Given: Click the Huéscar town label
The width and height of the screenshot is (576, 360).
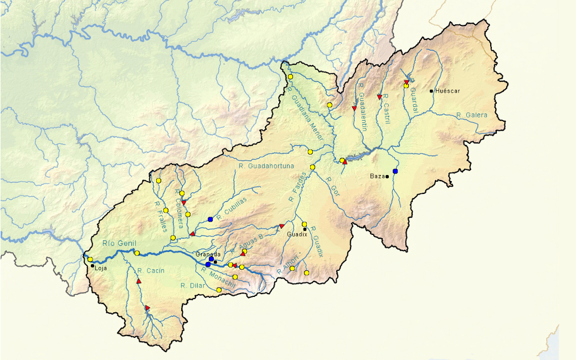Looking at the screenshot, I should coord(448,91).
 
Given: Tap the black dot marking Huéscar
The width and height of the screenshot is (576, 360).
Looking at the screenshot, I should coord(431,91).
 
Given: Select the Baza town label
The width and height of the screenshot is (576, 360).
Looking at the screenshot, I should coord(377,176).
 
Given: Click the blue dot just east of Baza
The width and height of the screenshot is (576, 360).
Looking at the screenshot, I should coord(395,171).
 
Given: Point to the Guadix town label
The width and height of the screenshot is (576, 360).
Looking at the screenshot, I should coord(297,234).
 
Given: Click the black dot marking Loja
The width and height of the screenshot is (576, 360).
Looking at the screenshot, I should coord(92,266).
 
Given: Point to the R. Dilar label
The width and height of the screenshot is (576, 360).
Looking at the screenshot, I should coord(193,286).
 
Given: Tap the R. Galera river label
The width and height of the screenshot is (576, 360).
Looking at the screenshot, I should coord(472,115).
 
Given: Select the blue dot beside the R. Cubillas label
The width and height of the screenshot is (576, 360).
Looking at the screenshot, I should coord(210,219).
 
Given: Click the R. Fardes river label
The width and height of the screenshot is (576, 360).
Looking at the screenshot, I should coord(296,186).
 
